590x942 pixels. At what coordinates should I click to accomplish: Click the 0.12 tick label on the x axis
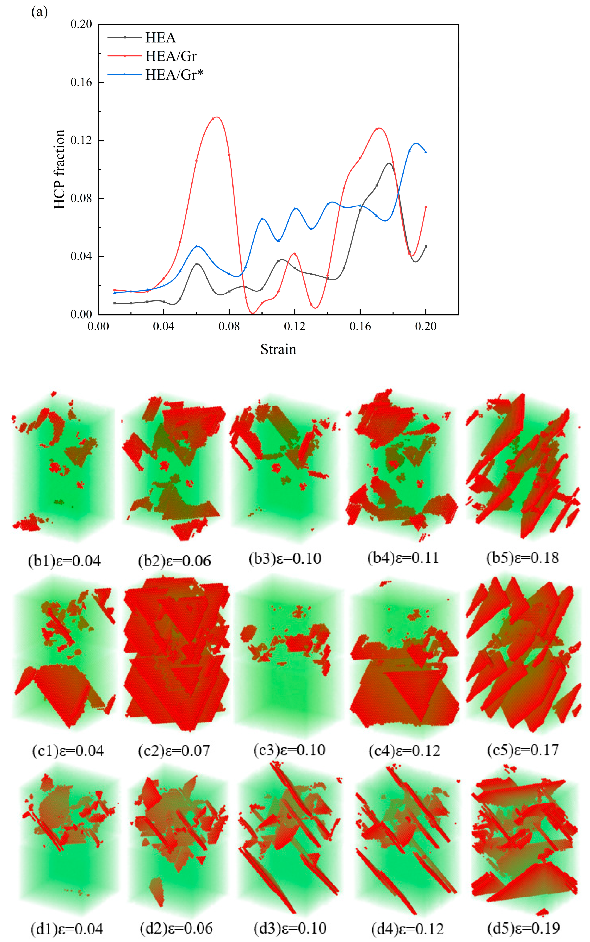click(x=295, y=326)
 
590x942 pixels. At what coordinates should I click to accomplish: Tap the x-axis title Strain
click(x=278, y=349)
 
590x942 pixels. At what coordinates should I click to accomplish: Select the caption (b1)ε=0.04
click(x=64, y=561)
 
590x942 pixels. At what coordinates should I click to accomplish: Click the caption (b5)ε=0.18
click(x=523, y=558)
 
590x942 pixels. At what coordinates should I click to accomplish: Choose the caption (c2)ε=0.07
click(x=174, y=751)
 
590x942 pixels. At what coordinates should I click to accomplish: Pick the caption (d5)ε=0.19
click(x=524, y=928)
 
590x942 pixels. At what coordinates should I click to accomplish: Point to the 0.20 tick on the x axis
click(x=426, y=326)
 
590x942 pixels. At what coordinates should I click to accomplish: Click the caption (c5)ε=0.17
click(x=523, y=750)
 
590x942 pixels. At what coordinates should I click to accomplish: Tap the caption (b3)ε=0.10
click(x=285, y=559)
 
